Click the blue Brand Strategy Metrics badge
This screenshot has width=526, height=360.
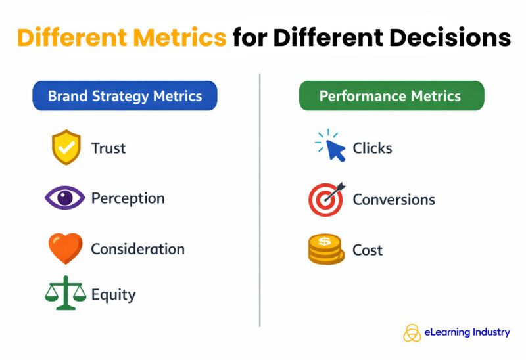[x=124, y=96]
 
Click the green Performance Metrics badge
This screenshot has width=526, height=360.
[x=391, y=96]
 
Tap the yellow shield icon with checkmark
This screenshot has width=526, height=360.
[x=66, y=147]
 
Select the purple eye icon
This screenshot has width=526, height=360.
[x=65, y=198]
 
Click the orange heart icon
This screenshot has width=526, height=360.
[x=66, y=248]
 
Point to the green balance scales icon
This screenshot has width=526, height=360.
[x=65, y=292]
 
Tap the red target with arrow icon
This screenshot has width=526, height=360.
[x=327, y=199]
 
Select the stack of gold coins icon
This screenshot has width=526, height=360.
[x=326, y=250]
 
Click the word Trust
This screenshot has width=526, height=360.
[x=108, y=148]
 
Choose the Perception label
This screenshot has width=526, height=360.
[x=128, y=198]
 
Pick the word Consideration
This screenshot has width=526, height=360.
[x=137, y=249]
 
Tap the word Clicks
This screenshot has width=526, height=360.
[x=372, y=148]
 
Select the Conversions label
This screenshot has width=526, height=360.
[x=394, y=199]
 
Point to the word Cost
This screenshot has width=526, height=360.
[x=368, y=250]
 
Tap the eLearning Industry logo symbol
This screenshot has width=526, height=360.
[x=412, y=332]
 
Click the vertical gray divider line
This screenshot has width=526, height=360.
[x=260, y=197]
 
